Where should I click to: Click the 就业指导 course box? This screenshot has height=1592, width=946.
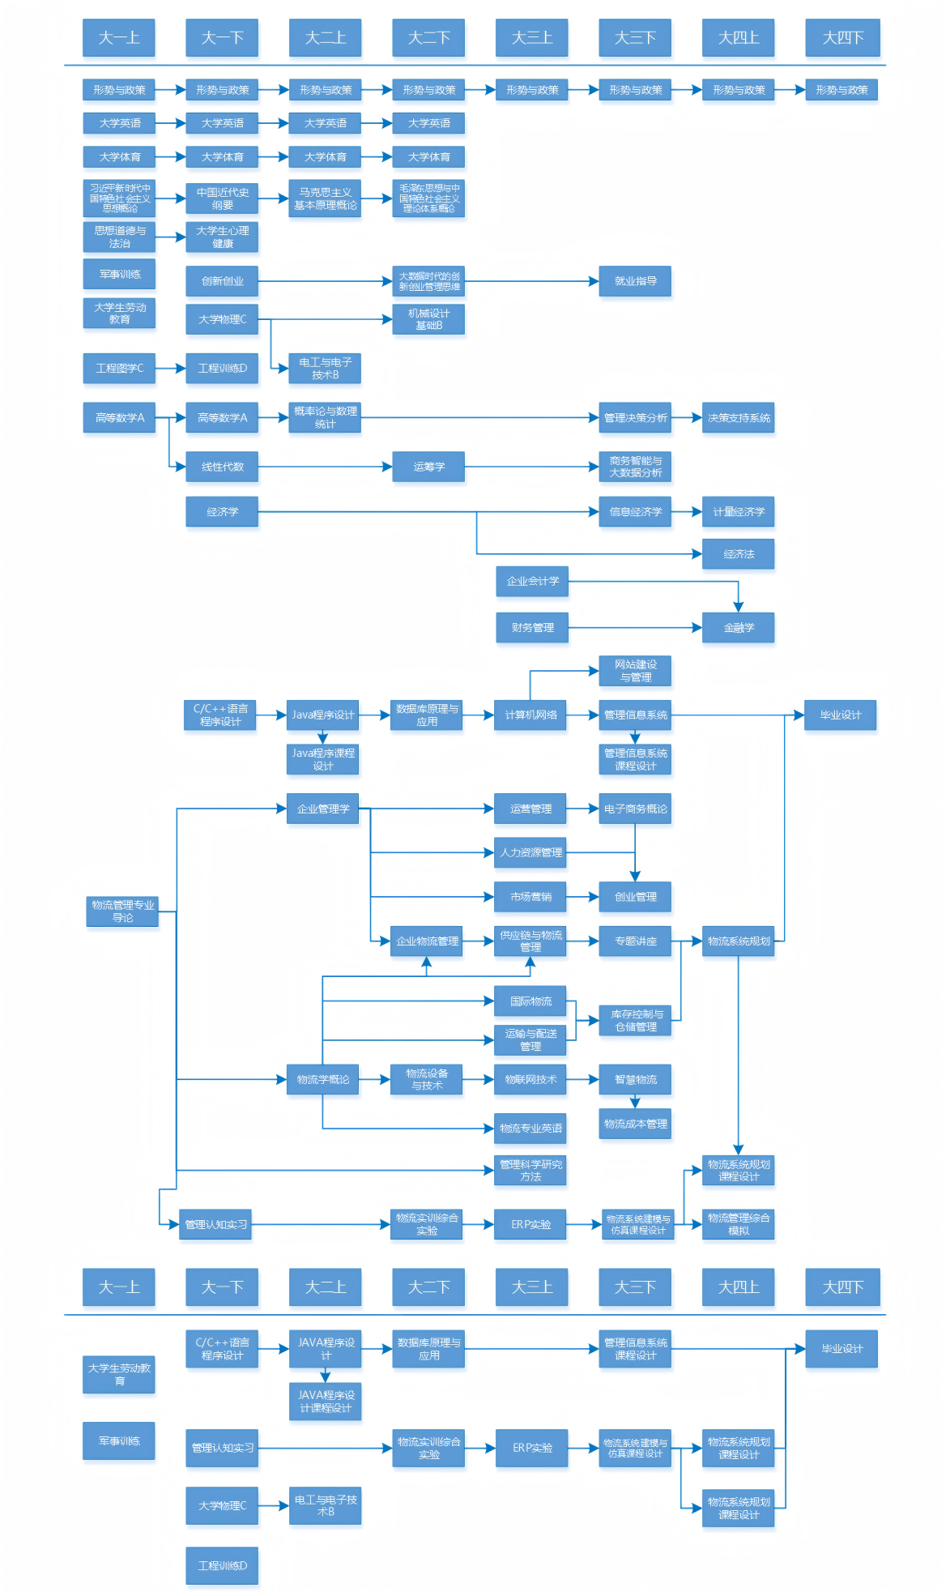pos(635,281)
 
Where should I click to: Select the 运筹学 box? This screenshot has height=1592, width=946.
pos(428,467)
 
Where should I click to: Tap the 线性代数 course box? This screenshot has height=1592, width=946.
pos(222,467)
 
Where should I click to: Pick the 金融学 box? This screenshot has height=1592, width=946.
pos(738,628)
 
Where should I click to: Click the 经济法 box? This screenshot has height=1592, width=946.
pos(738,554)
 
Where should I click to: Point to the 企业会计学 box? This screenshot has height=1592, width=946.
pos(532,581)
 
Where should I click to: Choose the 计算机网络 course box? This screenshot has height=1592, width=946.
pos(531,715)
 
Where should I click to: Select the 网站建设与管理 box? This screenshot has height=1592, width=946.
pos(635,671)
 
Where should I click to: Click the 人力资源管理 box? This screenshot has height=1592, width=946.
pos(531,852)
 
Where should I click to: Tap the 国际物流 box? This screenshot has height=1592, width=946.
pos(531,1001)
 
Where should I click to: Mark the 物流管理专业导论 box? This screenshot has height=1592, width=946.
pos(122,911)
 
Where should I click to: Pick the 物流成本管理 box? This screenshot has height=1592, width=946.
pos(635,1124)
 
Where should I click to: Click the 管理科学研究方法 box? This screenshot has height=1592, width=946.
pos(531,1171)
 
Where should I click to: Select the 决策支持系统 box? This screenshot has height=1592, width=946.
pos(738,418)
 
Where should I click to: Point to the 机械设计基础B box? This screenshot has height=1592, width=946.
pos(428,319)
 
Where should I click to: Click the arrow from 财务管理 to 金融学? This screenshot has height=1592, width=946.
pos(635,628)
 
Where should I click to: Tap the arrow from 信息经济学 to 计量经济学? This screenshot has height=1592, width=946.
pos(687,512)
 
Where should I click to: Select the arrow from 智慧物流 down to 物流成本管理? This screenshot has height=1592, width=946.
pos(635,1101)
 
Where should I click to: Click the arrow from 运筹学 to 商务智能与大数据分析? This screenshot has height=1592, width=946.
pos(531,467)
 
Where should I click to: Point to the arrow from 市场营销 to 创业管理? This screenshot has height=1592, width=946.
pos(582,897)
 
